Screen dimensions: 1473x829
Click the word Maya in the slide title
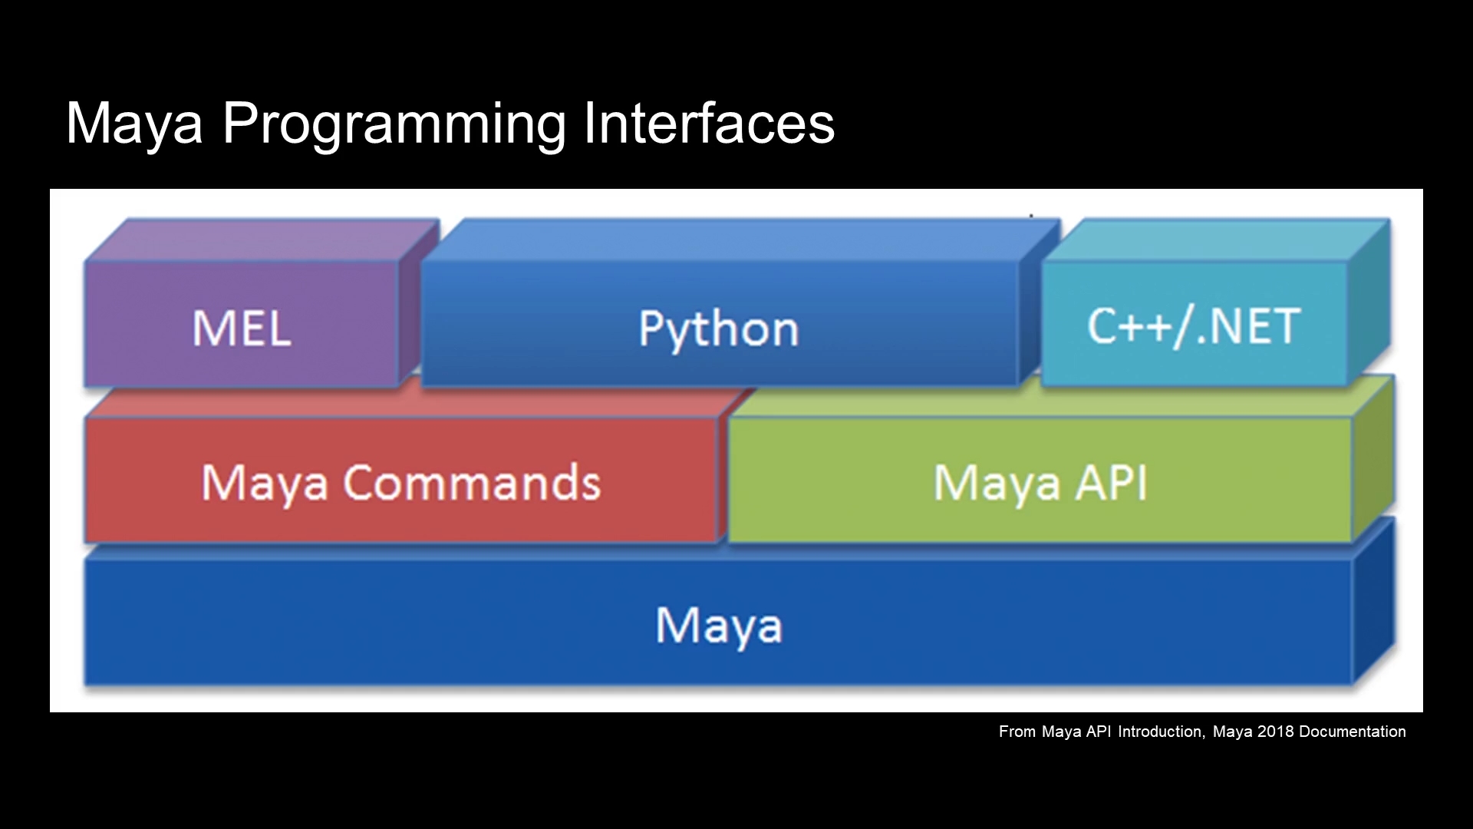pyautogui.click(x=134, y=125)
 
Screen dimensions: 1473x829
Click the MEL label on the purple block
pyautogui.click(x=242, y=329)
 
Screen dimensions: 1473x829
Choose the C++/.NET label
pyautogui.click(x=1194, y=327)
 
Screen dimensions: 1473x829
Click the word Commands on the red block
pyautogui.click(x=472, y=483)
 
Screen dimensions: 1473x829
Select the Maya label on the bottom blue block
pyautogui.click(x=719, y=626)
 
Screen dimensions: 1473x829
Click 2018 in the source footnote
pyautogui.click(x=1276, y=732)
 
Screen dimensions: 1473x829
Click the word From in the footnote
pyautogui.click(x=1017, y=732)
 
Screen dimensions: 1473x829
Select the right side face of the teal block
pyautogui.click(x=1369, y=303)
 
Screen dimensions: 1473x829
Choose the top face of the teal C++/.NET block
pyautogui.click(x=1216, y=240)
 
